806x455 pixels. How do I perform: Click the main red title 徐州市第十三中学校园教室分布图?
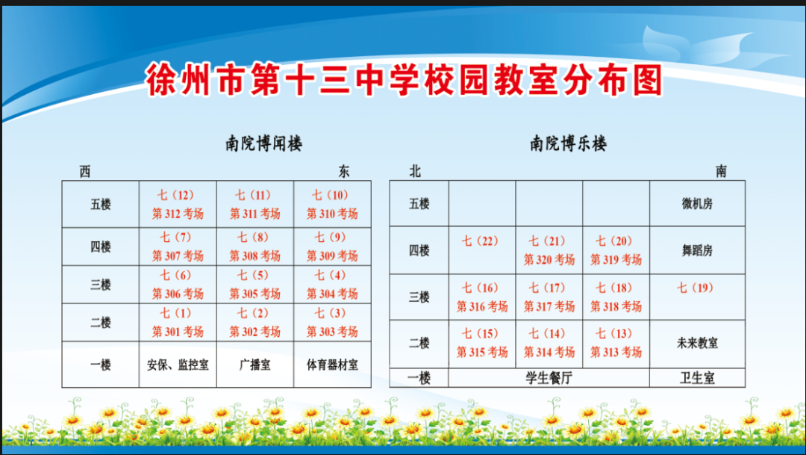point(404,80)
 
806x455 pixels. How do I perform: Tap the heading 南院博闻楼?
point(263,143)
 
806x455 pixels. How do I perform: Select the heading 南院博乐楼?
point(568,143)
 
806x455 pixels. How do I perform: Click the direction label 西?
point(85,171)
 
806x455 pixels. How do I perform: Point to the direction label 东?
point(344,171)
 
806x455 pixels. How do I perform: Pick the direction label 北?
point(415,171)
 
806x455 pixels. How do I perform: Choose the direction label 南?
point(721,171)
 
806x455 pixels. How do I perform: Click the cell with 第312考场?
point(178,204)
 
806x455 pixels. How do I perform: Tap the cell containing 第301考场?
point(178,322)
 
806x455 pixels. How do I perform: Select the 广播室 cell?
point(255,365)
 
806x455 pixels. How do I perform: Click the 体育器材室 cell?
point(332,365)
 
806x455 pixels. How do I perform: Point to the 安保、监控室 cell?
point(178,365)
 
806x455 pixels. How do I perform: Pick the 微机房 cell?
point(697,204)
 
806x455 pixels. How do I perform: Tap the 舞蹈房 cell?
point(697,250)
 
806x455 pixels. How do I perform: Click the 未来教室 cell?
point(697,344)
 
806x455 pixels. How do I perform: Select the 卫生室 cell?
point(697,378)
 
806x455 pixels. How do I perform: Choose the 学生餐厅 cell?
point(549,378)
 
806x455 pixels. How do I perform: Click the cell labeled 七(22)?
point(482,250)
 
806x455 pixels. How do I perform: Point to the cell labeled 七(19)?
point(697,297)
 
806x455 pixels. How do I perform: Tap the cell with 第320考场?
point(549,250)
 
